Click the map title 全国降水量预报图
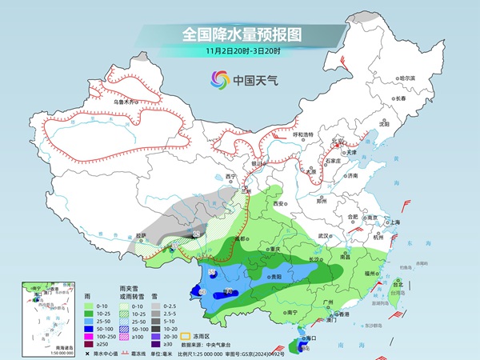click(239, 34)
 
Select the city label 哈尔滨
click(407, 78)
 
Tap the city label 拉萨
click(141, 236)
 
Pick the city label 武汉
click(323, 236)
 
